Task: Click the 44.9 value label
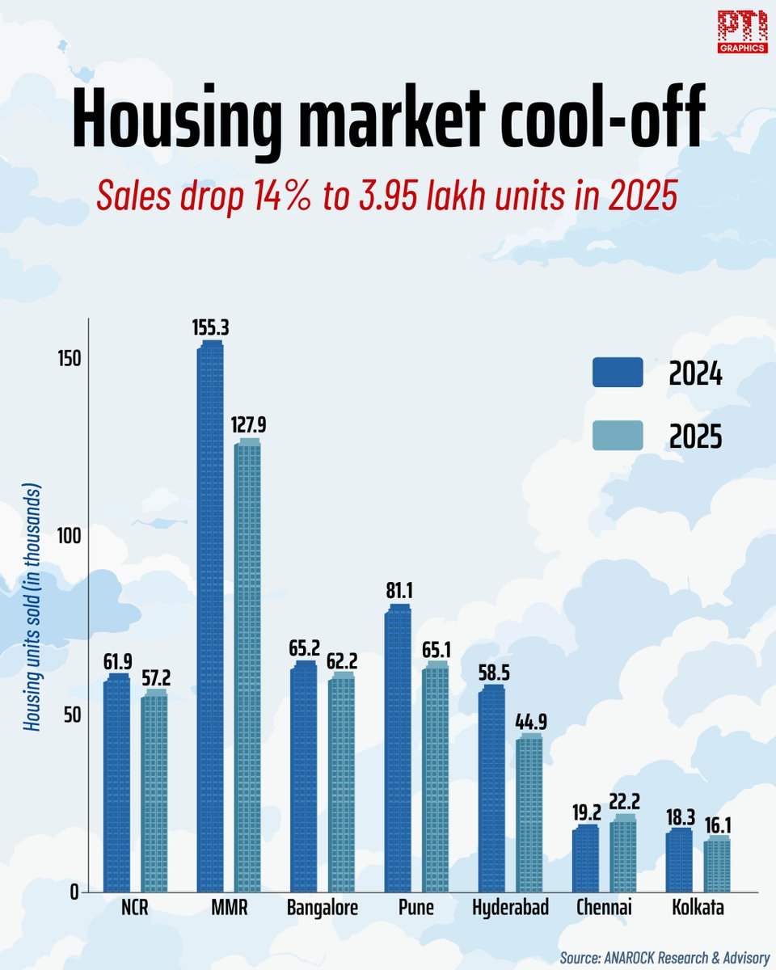point(530,722)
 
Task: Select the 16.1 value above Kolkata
point(717,824)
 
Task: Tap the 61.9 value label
point(117,661)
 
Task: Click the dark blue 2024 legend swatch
point(617,373)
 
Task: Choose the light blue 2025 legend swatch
point(617,436)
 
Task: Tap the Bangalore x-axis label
point(323,909)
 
